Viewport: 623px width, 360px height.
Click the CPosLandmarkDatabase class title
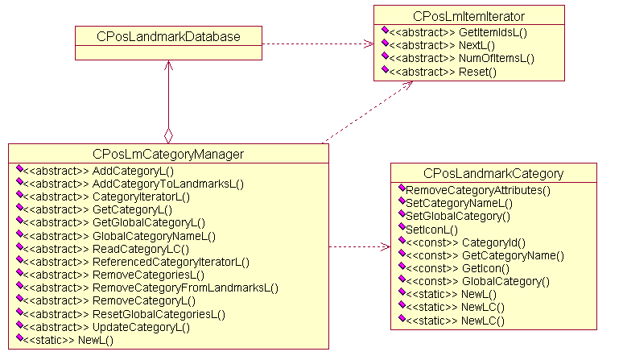pos(168,36)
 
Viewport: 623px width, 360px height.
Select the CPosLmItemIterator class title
pos(468,16)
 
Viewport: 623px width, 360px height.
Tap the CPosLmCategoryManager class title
pos(168,154)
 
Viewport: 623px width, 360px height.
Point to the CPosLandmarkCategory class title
pos(493,173)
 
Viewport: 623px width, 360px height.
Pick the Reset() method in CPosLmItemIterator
pos(443,72)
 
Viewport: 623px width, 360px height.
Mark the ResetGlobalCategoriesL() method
pos(125,313)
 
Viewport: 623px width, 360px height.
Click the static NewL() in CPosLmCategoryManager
pos(69,340)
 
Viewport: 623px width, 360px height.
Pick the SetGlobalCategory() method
pos(458,216)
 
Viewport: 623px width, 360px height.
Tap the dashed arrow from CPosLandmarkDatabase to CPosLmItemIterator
pos(318,44)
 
